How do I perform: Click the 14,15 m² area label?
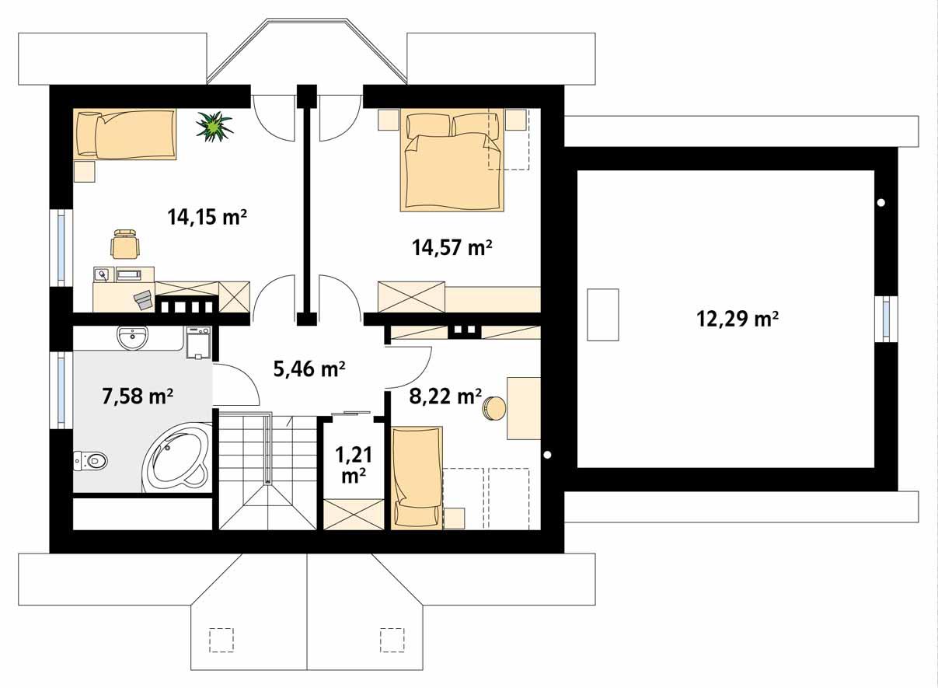tap(207, 217)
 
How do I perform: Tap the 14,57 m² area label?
tap(452, 248)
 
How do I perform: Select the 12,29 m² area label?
tap(737, 319)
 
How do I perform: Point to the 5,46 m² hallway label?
tap(309, 368)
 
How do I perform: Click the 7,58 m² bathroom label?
tap(138, 396)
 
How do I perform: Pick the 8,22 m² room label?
tap(445, 396)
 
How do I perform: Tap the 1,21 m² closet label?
tap(353, 464)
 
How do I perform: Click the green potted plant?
tap(214, 127)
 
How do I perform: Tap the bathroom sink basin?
tap(132, 337)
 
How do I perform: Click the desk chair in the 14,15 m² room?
tap(126, 244)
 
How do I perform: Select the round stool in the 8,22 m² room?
tap(493, 408)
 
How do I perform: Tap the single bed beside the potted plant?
tap(125, 134)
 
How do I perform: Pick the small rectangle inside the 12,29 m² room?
tap(602, 314)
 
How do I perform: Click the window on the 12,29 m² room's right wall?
tap(886, 319)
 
